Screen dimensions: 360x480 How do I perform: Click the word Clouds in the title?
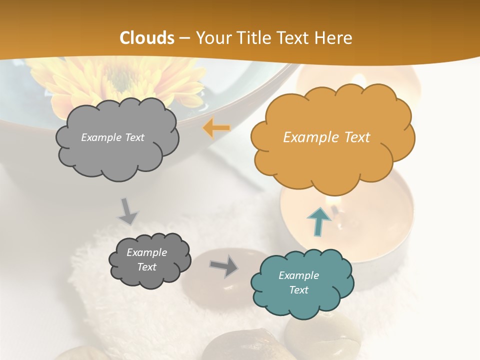pyautogui.click(x=147, y=38)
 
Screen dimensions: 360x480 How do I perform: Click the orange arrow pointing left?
pyautogui.click(x=216, y=128)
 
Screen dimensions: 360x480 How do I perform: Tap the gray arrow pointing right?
pyautogui.click(x=223, y=266)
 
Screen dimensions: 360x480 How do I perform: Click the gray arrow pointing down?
pyautogui.click(x=127, y=211)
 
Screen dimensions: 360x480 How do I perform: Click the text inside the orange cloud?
pyautogui.click(x=326, y=137)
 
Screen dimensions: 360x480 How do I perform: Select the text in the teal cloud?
pyautogui.click(x=298, y=282)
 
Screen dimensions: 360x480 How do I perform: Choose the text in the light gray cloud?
pyautogui.click(x=112, y=137)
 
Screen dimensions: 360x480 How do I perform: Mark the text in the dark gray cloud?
pyautogui.click(x=146, y=259)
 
